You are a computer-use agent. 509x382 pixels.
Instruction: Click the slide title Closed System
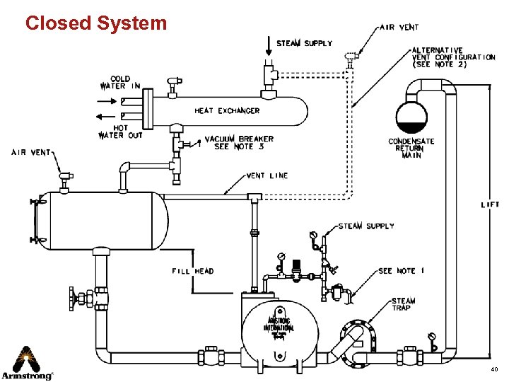pyautogui.click(x=96, y=23)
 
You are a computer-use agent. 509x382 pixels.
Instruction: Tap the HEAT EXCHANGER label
pyautogui.click(x=227, y=110)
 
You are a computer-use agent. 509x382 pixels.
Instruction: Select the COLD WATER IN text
pyautogui.click(x=120, y=82)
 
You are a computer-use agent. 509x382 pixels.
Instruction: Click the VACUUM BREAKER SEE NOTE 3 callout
pyautogui.click(x=239, y=142)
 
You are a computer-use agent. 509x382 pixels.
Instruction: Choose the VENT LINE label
pyautogui.click(x=267, y=175)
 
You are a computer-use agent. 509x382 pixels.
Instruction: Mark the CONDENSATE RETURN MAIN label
pyautogui.click(x=411, y=149)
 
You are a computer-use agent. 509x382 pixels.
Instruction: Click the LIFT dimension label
pyautogui.click(x=489, y=204)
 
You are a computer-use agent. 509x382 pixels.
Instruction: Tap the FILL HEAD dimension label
pyautogui.click(x=192, y=271)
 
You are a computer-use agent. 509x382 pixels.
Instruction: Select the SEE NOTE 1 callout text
pyautogui.click(x=401, y=271)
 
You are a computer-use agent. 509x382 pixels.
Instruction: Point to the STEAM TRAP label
pyautogui.click(x=404, y=304)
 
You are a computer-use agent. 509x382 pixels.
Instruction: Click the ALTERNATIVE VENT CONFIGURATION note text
pyautogui.click(x=453, y=57)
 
